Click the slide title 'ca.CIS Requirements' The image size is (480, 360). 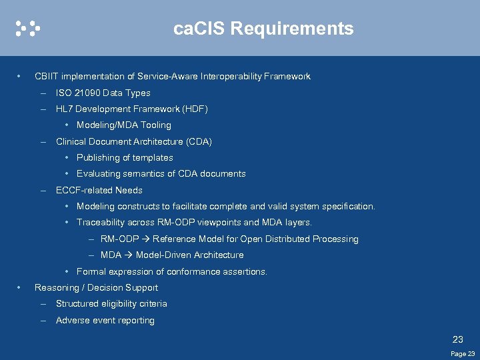click(x=263, y=29)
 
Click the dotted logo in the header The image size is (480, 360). click(x=28, y=28)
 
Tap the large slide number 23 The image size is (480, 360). click(x=458, y=339)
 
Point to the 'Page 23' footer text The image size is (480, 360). click(x=463, y=354)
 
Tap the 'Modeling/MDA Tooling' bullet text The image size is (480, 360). click(x=124, y=125)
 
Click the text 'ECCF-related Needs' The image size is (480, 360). click(x=99, y=191)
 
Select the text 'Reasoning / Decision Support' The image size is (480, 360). click(x=96, y=288)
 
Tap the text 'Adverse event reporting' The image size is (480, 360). click(x=105, y=321)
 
